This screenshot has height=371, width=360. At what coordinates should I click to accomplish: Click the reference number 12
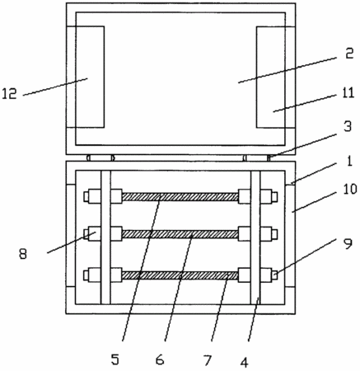tap(9, 94)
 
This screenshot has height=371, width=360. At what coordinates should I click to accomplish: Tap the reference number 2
tap(348, 54)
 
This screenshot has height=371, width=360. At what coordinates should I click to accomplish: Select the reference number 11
tap(348, 93)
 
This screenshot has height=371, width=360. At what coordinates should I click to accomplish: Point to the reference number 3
tap(348, 127)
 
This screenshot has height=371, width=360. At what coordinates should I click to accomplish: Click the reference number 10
tap(349, 190)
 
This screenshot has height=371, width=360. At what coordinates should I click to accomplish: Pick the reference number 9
tap(348, 244)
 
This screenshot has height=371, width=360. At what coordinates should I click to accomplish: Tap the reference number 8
tap(23, 254)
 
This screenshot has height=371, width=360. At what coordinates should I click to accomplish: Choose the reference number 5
tap(115, 359)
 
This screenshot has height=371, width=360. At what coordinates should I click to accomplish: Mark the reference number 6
tap(160, 359)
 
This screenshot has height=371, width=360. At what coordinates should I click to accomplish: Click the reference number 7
tap(208, 359)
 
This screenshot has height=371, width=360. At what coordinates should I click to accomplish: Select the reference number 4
tap(244, 362)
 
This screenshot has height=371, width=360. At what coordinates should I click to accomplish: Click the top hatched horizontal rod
tap(180, 197)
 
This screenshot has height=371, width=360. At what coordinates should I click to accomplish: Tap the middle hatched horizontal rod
tap(180, 234)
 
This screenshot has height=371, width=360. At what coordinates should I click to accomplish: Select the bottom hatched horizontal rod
tap(180, 275)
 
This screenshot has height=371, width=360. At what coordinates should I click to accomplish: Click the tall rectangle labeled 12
tap(90, 77)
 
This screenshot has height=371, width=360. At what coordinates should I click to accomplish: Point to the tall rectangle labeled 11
tap(271, 77)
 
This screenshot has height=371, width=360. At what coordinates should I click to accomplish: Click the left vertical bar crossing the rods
tap(105, 237)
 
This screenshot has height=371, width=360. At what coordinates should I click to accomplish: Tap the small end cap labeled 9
tap(274, 275)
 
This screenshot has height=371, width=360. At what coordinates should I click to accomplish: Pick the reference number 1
tap(349, 162)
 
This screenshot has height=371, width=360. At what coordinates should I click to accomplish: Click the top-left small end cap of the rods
tap(86, 197)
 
